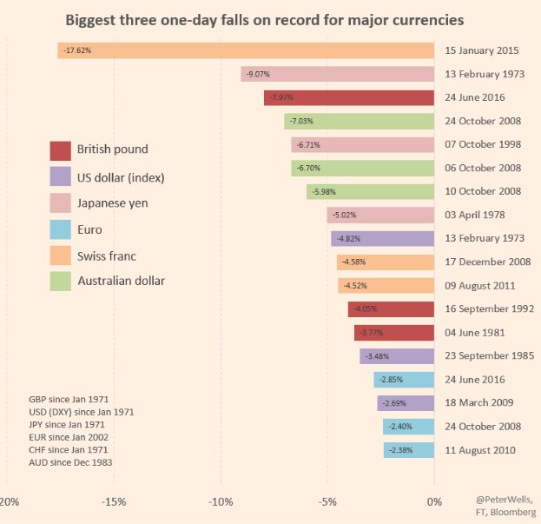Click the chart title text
(265, 18)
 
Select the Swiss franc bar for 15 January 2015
(246, 50)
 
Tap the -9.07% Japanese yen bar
(337, 74)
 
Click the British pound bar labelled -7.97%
(348, 97)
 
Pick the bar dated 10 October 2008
(370, 191)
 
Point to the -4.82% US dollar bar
(382, 238)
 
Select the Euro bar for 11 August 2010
(408, 450)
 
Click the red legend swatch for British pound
(61, 150)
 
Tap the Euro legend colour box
(61, 230)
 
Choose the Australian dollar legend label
(121, 281)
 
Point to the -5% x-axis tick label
(327, 502)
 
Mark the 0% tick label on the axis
(433, 502)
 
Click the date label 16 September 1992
(488, 308)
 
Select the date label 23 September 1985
(488, 355)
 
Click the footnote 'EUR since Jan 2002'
(69, 437)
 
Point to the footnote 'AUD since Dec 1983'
(70, 462)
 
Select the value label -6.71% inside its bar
(309, 144)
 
